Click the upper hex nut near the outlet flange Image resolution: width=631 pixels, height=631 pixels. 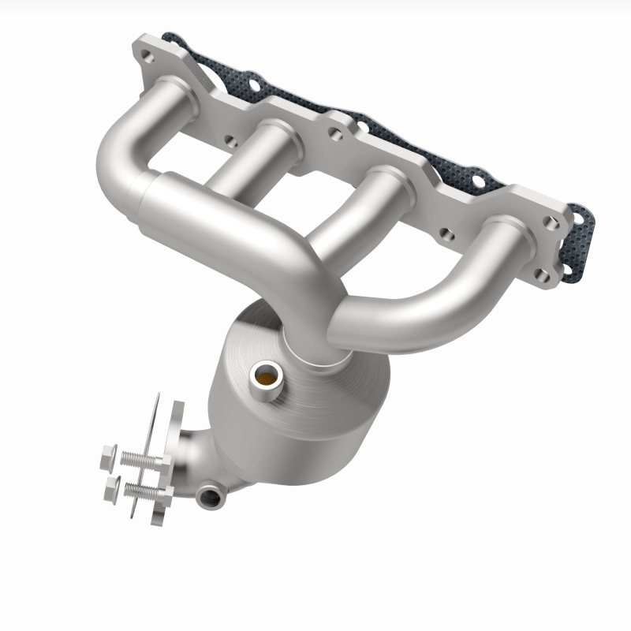click(109, 455)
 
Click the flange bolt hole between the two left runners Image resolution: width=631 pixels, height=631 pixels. click(230, 142)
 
